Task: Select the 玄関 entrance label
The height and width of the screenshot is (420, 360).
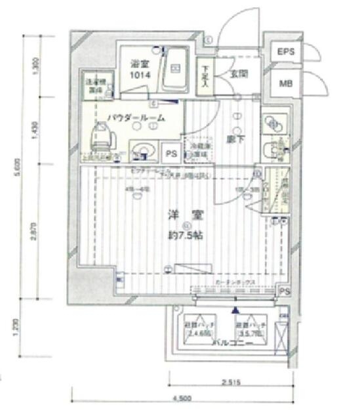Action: (x=237, y=73)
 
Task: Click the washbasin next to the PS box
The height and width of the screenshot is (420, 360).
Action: (x=142, y=150)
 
